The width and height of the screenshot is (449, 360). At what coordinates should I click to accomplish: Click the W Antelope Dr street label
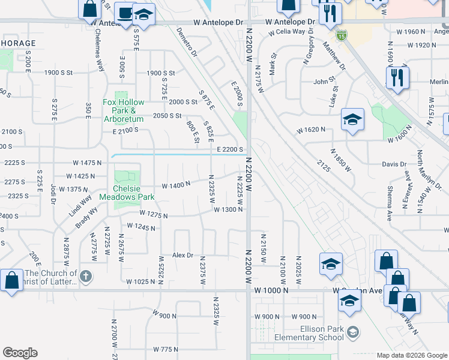(x=218, y=22)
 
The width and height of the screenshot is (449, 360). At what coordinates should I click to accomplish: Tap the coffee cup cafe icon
(x=124, y=13)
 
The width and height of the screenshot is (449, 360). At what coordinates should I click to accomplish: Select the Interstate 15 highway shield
(x=341, y=36)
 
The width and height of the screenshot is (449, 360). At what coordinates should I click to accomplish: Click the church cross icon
(x=86, y=276)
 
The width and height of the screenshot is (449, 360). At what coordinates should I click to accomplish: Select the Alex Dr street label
(x=183, y=255)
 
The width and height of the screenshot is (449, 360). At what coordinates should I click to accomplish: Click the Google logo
(x=20, y=353)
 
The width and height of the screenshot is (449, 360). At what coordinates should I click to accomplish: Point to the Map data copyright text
(x=411, y=355)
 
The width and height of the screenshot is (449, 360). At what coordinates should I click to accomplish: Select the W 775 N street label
(x=166, y=349)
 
